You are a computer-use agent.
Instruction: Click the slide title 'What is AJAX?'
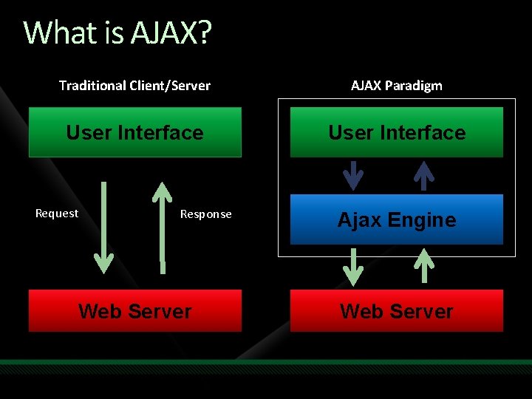[117, 33]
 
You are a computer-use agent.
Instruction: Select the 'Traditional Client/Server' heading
[134, 86]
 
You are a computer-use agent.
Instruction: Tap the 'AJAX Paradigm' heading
[397, 86]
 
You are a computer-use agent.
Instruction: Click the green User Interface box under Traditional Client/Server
[134, 132]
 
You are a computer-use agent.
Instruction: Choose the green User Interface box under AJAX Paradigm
[397, 132]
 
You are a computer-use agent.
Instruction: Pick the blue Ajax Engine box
[397, 219]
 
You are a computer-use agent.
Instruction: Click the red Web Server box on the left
[134, 311]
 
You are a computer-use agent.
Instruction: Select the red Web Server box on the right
[397, 311]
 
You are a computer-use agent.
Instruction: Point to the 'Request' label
[57, 214]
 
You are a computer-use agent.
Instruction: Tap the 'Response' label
[206, 214]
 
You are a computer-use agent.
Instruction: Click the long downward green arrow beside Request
[104, 225]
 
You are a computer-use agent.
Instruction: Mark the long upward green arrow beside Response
[162, 222]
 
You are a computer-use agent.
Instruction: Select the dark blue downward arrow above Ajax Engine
[354, 176]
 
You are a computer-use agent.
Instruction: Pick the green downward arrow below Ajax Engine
[354, 267]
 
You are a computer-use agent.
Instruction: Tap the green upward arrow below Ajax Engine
[425, 266]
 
